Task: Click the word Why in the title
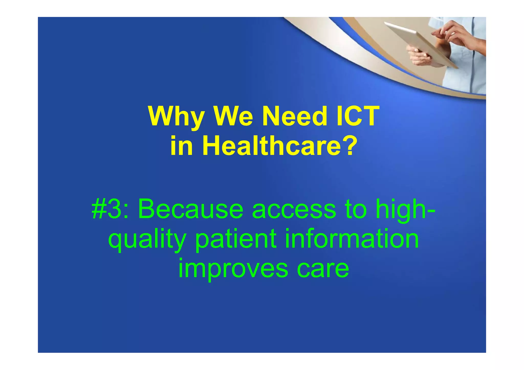[176, 117]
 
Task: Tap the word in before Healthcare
[181, 146]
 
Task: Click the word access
[294, 210]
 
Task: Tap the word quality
[147, 240]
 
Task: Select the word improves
[233, 269]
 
